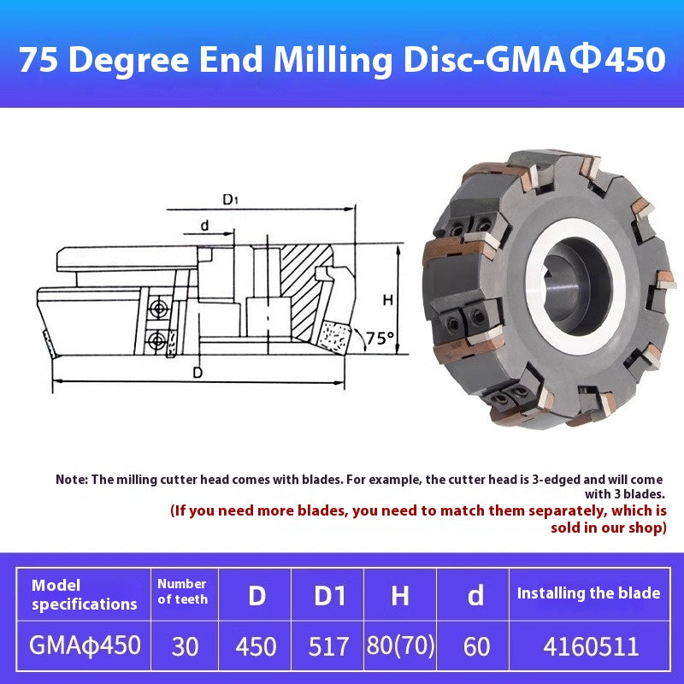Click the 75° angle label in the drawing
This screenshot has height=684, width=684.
tap(380, 338)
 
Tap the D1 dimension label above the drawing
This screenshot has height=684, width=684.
tap(230, 200)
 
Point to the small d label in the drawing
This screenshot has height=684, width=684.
tap(204, 226)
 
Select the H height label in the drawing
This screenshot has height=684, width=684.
tap(387, 300)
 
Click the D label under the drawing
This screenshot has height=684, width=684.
tap(198, 372)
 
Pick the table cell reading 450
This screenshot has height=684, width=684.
tap(256, 645)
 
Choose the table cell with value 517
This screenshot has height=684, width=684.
tap(328, 645)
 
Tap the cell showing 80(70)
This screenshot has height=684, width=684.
tap(400, 645)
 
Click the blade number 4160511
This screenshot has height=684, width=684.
tap(588, 645)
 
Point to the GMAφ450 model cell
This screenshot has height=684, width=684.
tap(85, 644)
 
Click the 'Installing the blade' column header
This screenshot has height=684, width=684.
tap(588, 593)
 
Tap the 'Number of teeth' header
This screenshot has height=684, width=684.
tap(182, 591)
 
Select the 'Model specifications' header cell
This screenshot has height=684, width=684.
tap(84, 594)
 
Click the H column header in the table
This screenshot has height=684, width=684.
tap(400, 594)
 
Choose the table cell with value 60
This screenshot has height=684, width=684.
tap(476, 645)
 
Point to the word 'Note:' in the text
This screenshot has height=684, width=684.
tap(72, 480)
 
